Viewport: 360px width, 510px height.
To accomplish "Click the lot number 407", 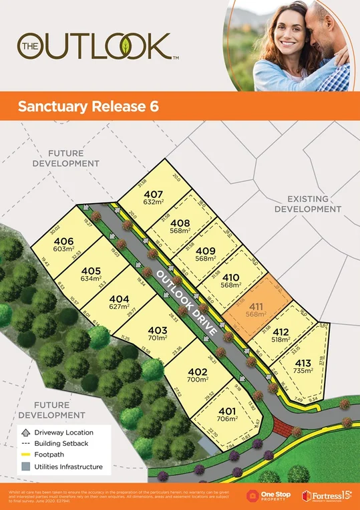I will click(x=153, y=195).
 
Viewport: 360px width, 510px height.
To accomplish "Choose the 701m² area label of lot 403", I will click(x=158, y=338).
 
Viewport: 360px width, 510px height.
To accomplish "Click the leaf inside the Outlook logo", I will click(x=126, y=45).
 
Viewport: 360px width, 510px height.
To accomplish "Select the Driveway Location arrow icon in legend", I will click(x=25, y=432).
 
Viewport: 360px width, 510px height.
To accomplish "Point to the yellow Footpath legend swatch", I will click(x=25, y=455).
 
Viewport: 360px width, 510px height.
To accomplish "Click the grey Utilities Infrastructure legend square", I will click(x=25, y=467).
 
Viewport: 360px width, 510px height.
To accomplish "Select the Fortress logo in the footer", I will click(x=327, y=495).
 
